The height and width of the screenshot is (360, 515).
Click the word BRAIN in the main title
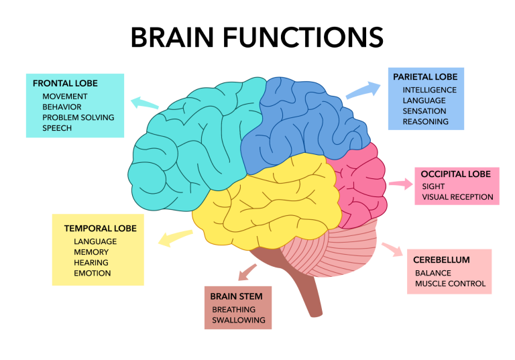[172, 37]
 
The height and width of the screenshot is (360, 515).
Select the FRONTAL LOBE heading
[65, 83]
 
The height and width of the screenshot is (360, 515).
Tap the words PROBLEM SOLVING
[78, 117]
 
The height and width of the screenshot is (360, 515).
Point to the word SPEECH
[57, 128]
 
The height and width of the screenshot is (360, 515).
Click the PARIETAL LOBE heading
[425, 77]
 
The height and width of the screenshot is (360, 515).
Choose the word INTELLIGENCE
[430, 90]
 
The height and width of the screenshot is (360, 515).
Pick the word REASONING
[425, 121]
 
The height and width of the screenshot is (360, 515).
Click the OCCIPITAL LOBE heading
[455, 174]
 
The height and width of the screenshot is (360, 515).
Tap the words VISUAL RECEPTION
[457, 196]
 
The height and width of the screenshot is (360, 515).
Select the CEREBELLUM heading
[441, 260]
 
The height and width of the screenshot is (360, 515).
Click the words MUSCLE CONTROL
[450, 283]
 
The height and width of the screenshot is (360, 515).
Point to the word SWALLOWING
[239, 320]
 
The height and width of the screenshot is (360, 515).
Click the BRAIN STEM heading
[236, 296]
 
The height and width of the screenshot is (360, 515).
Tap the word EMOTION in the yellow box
[92, 273]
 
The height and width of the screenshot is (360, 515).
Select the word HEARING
[91, 262]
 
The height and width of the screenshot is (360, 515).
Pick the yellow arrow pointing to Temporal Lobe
[175, 238]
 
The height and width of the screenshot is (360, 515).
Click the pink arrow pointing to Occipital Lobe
[401, 184]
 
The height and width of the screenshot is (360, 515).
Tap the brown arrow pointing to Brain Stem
[247, 272]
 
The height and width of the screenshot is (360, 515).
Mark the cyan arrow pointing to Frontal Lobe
[145, 103]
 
